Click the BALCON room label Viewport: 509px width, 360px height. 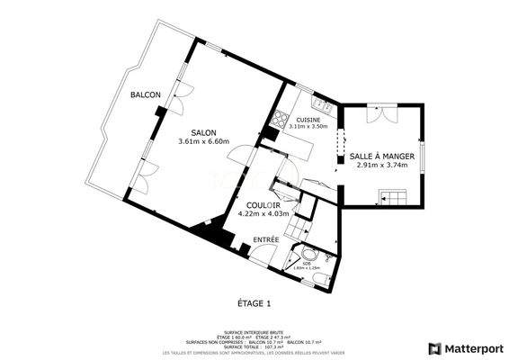(x=145, y=95)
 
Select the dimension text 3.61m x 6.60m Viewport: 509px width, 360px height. (x=204, y=141)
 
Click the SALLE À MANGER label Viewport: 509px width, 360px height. (x=381, y=156)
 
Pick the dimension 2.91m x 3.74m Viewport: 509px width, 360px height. (x=382, y=165)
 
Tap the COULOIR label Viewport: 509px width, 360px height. (x=262, y=205)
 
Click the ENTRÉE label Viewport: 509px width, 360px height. (x=265, y=239)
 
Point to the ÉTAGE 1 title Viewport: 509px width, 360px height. (x=254, y=303)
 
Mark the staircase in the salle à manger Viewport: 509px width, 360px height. (x=393, y=197)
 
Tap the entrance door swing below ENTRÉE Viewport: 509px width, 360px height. (x=263, y=255)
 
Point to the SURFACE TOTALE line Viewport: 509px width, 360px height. (x=254, y=346)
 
